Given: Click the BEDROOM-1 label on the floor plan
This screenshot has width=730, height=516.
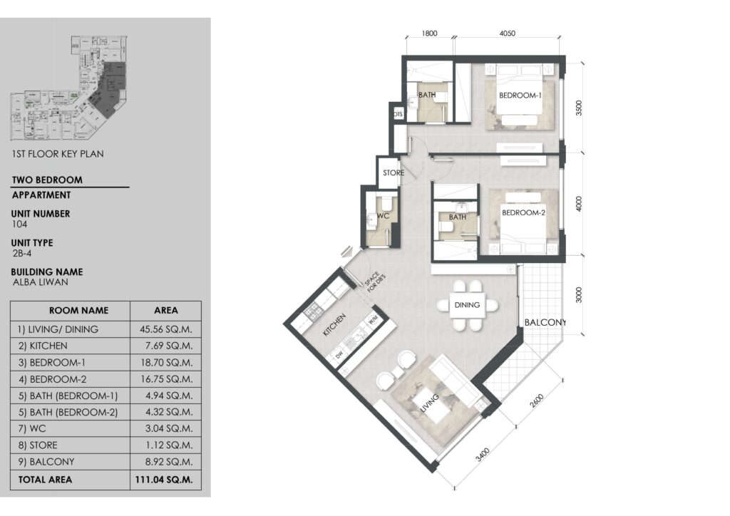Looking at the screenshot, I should point(520,96).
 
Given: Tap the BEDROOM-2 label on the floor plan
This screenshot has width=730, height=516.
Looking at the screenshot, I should point(523,212).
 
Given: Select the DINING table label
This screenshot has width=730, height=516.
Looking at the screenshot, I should point(467,305).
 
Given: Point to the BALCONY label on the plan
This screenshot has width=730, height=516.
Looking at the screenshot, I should point(545,323).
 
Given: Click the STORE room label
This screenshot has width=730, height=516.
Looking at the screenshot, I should point(394,172).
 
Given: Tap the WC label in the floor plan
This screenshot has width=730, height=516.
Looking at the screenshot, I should point(382,215).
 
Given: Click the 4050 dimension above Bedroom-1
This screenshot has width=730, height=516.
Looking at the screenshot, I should point(507,33).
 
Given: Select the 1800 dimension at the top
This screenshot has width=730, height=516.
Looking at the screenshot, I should point(429,33).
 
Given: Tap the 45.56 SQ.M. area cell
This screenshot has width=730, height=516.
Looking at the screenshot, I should point(165,329).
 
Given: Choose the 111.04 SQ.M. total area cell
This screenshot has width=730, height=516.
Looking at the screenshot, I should point(165,480).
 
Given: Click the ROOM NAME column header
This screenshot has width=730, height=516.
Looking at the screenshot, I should point(78,311).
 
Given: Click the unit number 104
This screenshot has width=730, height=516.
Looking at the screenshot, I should point(19,223).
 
